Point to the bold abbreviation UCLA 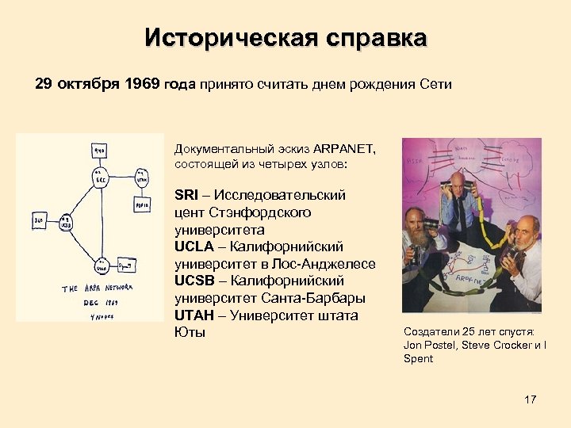(x=194, y=246)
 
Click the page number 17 (x=531, y=399)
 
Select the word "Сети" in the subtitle (x=435, y=85)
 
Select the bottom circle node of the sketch (x=102, y=265)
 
